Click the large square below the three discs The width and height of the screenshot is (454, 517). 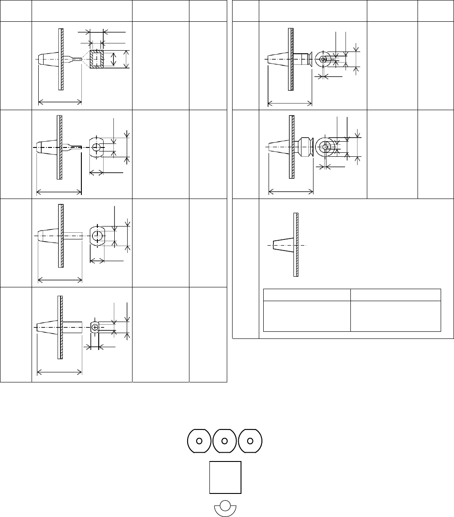tap(225, 477)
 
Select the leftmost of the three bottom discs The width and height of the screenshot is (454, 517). tap(199, 441)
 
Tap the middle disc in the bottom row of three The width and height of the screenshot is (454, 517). tap(225, 441)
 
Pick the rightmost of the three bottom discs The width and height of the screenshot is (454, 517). tap(250, 441)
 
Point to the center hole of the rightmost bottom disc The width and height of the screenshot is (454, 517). tap(250, 441)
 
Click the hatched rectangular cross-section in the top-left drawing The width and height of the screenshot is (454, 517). tap(97, 59)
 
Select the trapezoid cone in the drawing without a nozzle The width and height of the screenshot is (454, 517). tap(283, 245)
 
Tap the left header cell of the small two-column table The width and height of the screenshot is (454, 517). tap(307, 294)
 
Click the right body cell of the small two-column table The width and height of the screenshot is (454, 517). tap(395, 316)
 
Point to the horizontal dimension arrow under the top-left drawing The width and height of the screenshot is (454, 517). tap(60, 102)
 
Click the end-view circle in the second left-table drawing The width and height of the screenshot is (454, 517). tap(97, 146)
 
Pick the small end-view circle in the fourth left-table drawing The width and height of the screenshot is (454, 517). tap(95, 327)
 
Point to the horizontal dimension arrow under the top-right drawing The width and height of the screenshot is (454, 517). tap(289, 104)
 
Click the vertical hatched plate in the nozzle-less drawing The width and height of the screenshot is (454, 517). tap(295, 245)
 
